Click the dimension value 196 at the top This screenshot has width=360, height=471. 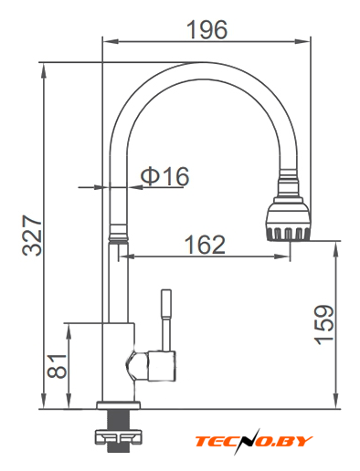click(x=206, y=29)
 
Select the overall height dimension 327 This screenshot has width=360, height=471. click(x=32, y=235)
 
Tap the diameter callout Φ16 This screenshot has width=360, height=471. click(x=164, y=176)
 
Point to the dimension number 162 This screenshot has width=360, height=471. click(x=206, y=245)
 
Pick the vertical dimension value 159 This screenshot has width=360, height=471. click(x=324, y=325)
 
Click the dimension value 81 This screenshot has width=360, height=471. click(x=57, y=366)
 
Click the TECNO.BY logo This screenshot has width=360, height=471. click(x=254, y=441)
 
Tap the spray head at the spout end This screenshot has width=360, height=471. click(x=288, y=219)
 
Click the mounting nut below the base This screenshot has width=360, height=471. click(x=118, y=437)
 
